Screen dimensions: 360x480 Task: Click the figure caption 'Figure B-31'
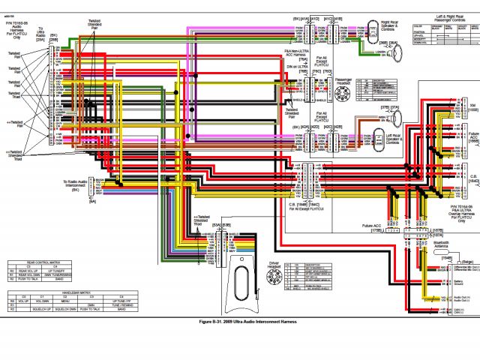click(x=240, y=321)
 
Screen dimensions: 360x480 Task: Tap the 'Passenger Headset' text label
click(x=343, y=80)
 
